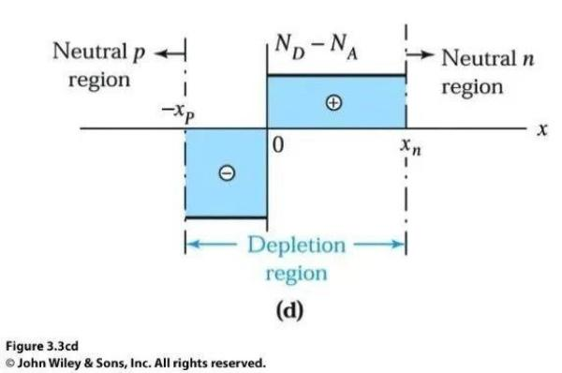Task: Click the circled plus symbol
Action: [333, 103]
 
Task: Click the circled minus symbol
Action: [227, 173]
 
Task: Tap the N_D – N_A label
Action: [317, 48]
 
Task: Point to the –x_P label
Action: [178, 112]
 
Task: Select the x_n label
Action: [411, 146]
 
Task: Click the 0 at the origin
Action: [278, 145]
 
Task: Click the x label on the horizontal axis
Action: [542, 129]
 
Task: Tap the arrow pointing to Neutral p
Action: [170, 53]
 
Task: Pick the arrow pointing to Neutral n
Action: [420, 54]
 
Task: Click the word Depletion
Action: [297, 245]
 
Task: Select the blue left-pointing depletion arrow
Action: [211, 245]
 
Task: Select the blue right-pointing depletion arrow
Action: [379, 245]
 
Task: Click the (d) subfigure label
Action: [289, 310]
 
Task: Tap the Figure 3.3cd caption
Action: [42, 347]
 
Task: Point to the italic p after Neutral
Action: [139, 53]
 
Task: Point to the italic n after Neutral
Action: [528, 59]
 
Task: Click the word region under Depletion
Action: [296, 274]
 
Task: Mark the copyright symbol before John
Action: [10, 364]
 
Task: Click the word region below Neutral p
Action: [99, 81]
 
